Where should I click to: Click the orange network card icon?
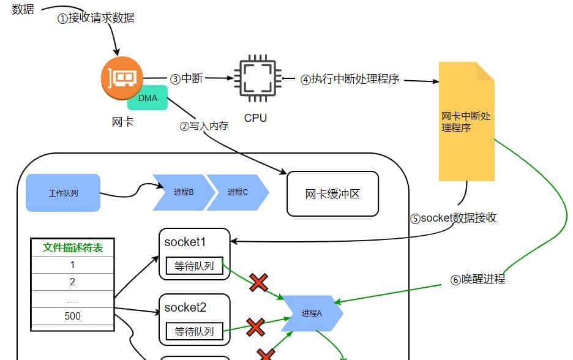pos(122,78)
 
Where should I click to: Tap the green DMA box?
pos(148,98)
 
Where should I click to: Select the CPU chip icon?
pos(255,79)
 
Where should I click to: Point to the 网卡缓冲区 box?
pos(332,194)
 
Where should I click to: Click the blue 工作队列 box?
pos(63,193)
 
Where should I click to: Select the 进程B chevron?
pos(183,192)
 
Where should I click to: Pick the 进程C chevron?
pos(238,192)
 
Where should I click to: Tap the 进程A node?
pos(310,313)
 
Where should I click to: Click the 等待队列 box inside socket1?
pos(194,266)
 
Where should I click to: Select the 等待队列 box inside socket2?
pos(194,332)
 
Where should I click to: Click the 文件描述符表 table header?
pos(73,248)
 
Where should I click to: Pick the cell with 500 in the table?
pos(72,316)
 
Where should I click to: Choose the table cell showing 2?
pos(72,282)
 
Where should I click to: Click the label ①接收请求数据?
pos(95,18)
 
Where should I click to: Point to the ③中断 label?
pos(186,78)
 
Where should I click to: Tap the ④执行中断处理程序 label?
pos(350,79)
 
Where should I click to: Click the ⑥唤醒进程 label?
pos(478,280)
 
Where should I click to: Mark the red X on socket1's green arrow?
pos(258,282)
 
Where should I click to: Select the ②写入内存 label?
pos(203,126)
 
